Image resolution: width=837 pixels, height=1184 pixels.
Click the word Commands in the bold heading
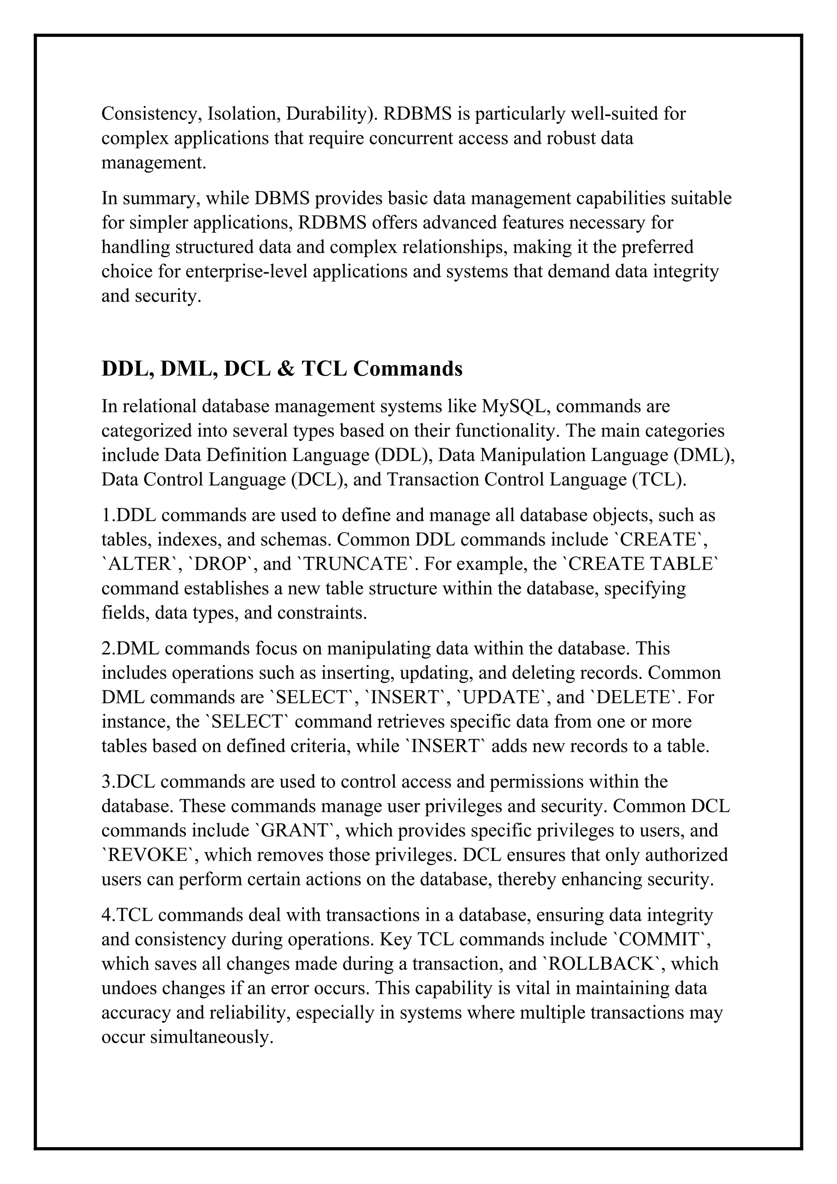click(x=407, y=369)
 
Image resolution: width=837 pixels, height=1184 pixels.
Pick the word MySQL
click(x=513, y=406)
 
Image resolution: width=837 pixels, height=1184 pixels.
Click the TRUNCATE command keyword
click(x=355, y=564)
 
